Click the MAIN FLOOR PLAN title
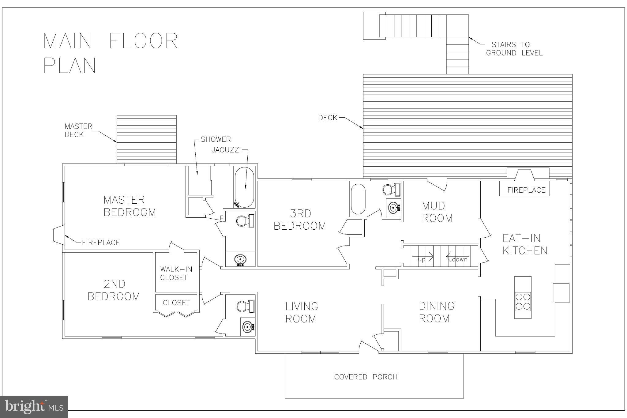tap(111, 53)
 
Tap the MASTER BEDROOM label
tap(130, 206)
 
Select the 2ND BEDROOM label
tap(114, 290)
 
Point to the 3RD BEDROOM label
tap(300, 220)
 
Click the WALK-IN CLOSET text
tap(176, 273)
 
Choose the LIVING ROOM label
tap(302, 312)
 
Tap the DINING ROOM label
tap(437, 312)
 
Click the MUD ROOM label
tap(437, 212)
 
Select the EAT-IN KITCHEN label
tap(525, 244)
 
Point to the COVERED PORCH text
tap(366, 377)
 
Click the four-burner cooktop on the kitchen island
tap(523, 302)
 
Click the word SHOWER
tap(216, 139)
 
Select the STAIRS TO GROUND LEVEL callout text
tap(514, 49)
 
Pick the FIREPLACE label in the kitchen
tap(526, 190)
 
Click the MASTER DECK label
tap(78, 130)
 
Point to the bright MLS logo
tap(34, 407)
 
